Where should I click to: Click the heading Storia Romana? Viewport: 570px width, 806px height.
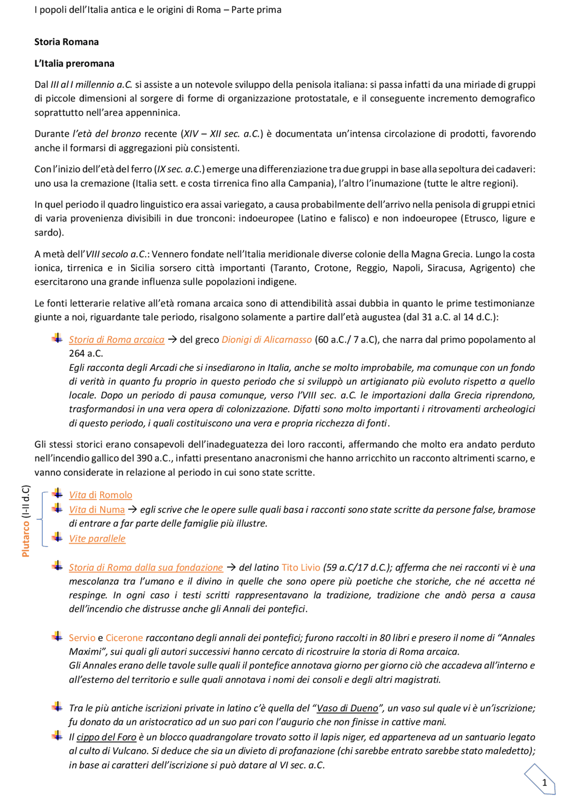click(x=66, y=42)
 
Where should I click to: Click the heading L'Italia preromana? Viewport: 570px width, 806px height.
click(x=74, y=64)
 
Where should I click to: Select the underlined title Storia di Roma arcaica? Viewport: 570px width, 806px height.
click(x=117, y=340)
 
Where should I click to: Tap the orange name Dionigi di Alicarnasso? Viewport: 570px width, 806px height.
click(x=267, y=340)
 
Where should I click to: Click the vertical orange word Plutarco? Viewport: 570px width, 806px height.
click(x=26, y=539)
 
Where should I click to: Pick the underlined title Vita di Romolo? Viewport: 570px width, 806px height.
click(x=101, y=495)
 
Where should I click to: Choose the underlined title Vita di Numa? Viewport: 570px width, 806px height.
click(x=97, y=510)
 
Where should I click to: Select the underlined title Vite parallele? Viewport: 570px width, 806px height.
click(x=97, y=539)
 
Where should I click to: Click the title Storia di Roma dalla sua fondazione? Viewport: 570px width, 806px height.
click(x=146, y=567)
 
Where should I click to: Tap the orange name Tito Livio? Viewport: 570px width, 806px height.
click(x=301, y=567)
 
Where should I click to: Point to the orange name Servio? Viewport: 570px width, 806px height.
click(x=82, y=638)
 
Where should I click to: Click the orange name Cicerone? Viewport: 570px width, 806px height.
click(x=124, y=638)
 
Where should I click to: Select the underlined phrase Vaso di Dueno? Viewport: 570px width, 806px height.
click(x=347, y=708)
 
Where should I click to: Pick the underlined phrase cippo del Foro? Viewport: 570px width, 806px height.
click(x=106, y=737)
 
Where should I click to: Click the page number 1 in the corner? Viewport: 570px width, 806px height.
click(x=544, y=782)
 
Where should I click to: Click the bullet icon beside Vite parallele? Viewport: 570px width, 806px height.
click(x=57, y=537)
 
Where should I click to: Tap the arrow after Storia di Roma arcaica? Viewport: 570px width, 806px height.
click(x=172, y=340)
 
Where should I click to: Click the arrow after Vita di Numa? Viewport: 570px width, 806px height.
click(x=132, y=510)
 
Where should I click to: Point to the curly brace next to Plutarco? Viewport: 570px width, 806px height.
click(x=41, y=519)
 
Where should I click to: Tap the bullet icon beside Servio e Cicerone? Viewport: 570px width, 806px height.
click(x=57, y=636)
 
